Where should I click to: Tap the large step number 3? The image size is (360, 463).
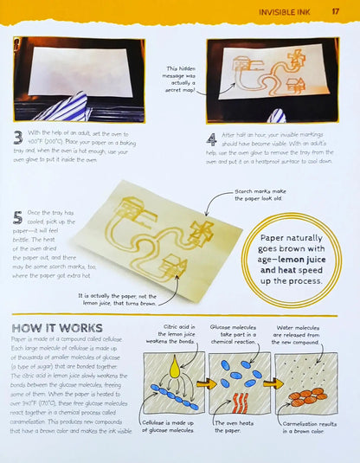coord(18,138)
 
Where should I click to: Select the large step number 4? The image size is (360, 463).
coord(212,138)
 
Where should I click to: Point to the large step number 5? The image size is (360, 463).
coord(18,220)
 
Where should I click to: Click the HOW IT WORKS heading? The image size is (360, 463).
coord(58,328)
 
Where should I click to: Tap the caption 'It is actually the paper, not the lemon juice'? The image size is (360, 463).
coord(112,299)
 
